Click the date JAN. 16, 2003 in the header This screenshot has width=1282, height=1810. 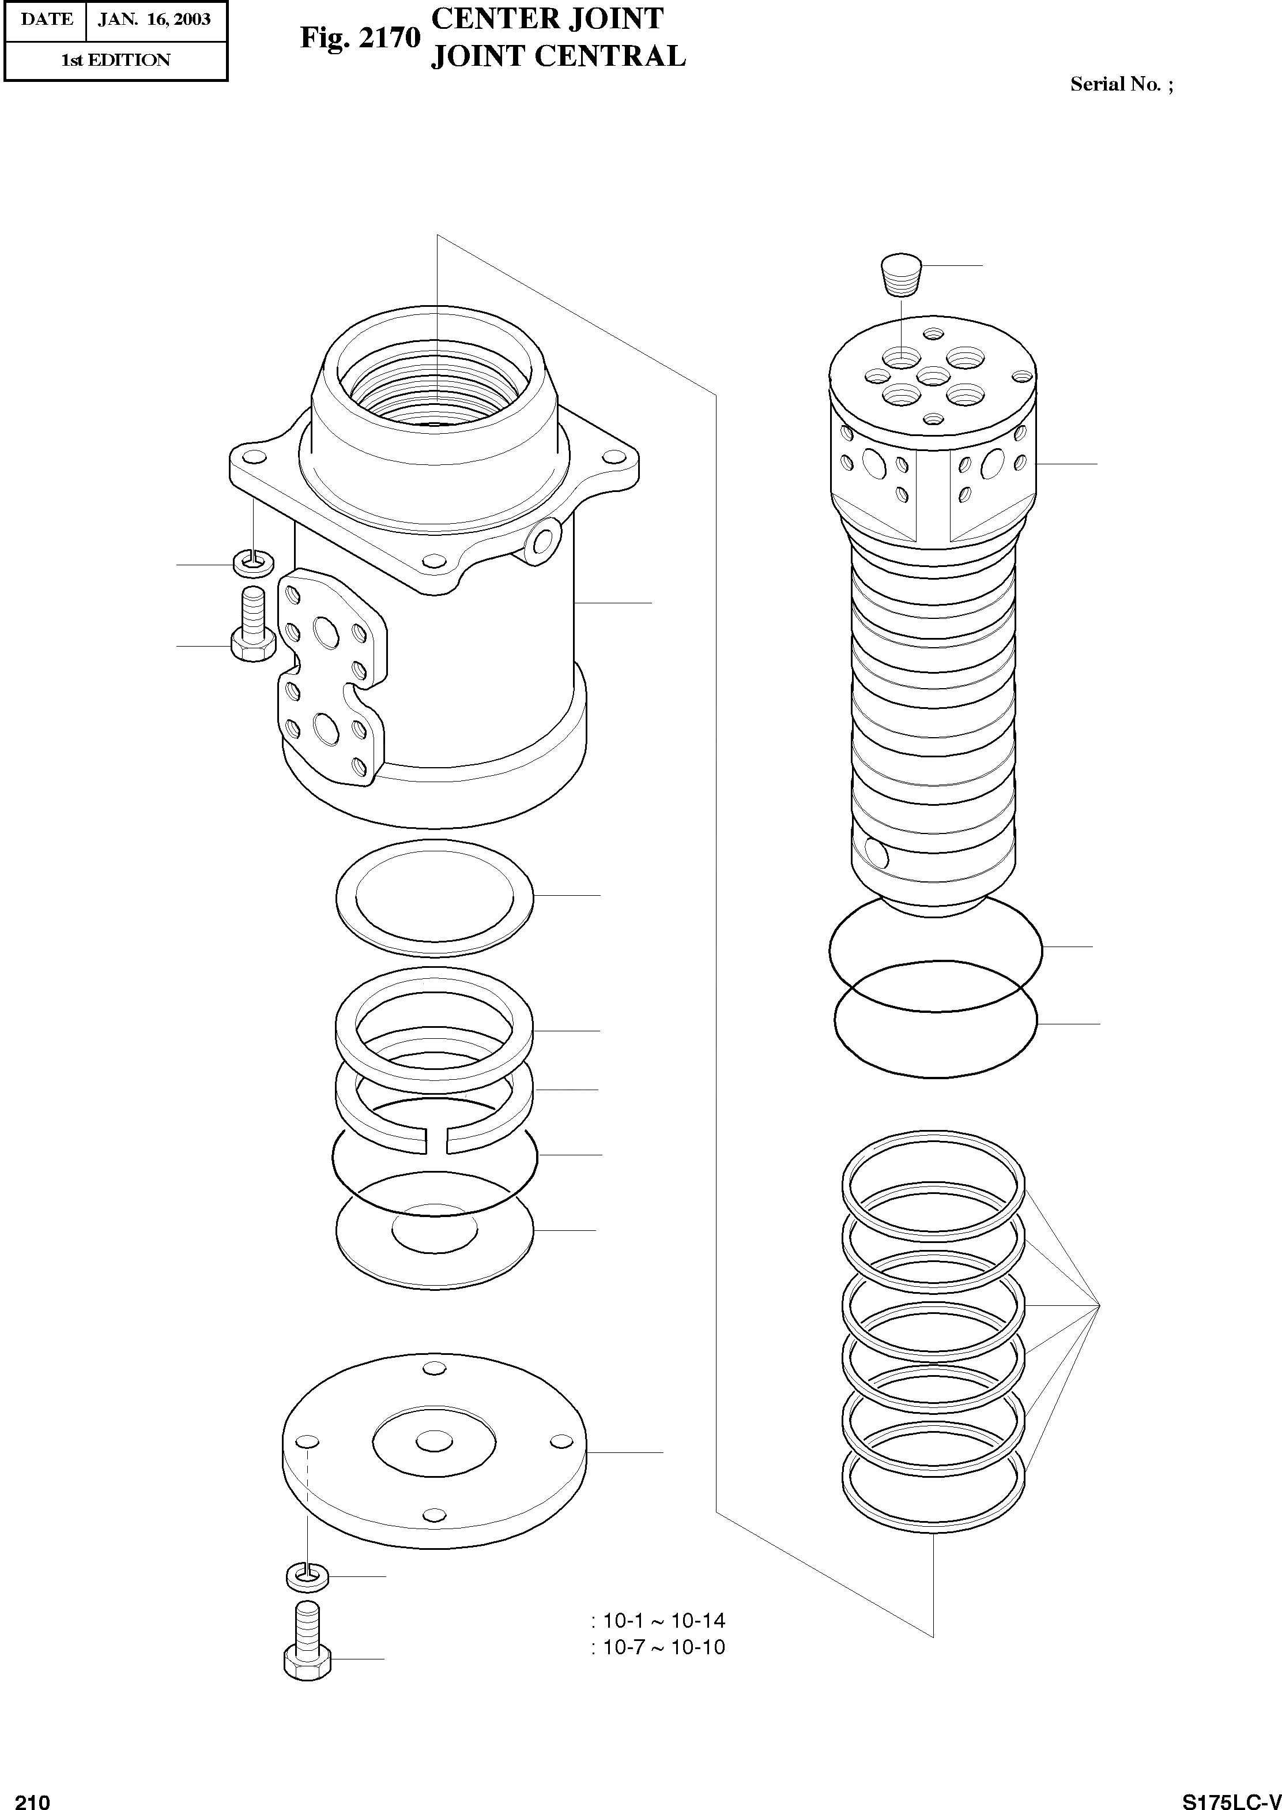point(154,19)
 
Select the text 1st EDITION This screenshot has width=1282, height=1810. point(115,60)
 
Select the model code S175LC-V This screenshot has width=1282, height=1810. point(1231,1796)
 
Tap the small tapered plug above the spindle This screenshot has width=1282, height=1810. point(901,274)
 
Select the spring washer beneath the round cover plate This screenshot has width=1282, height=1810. point(306,1577)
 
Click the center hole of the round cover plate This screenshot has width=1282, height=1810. point(433,1443)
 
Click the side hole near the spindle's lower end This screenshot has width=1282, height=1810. point(876,851)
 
